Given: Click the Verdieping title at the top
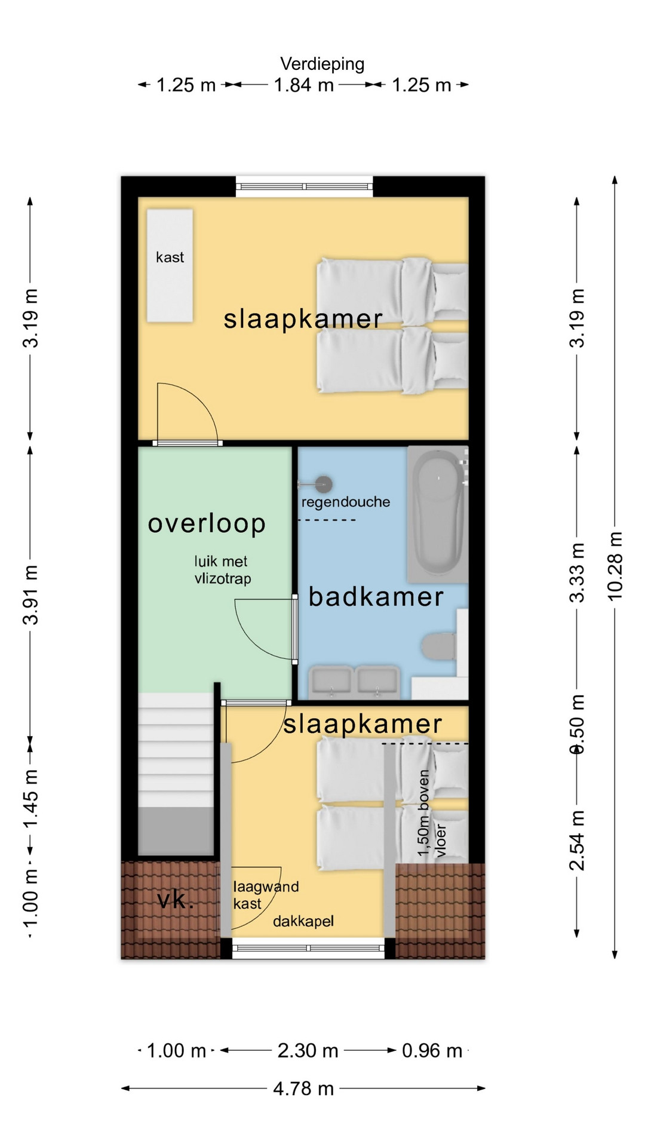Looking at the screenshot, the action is tap(322, 64).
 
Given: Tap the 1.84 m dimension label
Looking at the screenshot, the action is tap(303, 85).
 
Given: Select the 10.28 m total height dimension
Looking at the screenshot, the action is tap(615, 566).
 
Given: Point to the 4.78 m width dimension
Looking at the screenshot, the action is tap(303, 1088).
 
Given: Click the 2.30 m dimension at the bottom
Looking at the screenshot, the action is tap(308, 1050).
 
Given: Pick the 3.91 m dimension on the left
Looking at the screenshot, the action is tap(30, 594).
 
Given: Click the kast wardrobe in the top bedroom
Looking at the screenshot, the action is tap(170, 266).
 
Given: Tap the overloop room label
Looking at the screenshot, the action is tap(207, 523).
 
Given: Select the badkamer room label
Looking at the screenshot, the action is tap(376, 597).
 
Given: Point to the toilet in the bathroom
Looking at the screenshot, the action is tap(439, 647).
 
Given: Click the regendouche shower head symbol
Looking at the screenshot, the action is tap(323, 484).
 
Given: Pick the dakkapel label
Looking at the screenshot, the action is tap(303, 922).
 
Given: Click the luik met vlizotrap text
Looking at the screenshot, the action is tap(222, 570).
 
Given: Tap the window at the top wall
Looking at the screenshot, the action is tap(305, 186).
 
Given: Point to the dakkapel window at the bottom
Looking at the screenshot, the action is tap(308, 948).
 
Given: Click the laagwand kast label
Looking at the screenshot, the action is tap(266, 895).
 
